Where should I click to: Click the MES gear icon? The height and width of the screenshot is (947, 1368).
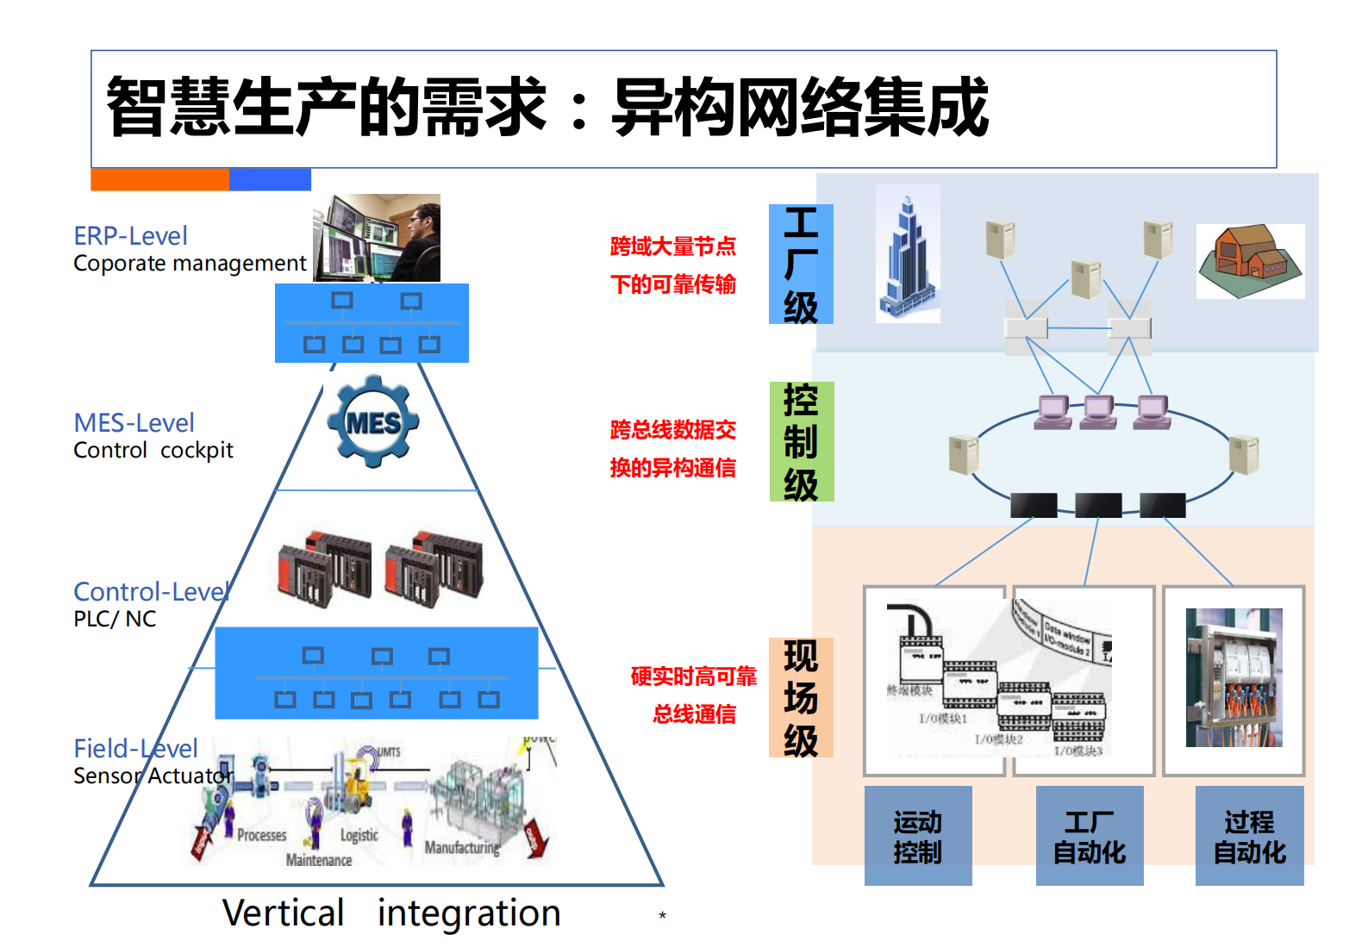tap(373, 421)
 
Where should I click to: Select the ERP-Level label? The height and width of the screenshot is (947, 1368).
tap(130, 235)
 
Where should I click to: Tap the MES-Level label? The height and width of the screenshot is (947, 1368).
tap(134, 422)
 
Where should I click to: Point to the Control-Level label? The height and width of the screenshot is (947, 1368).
tap(151, 591)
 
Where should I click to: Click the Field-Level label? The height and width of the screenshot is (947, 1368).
tap(135, 748)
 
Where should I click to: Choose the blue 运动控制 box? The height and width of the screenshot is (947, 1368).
tap(917, 836)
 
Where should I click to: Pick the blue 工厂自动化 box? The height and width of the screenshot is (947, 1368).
tap(1089, 836)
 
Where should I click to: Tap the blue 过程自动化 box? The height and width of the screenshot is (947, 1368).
tap(1249, 836)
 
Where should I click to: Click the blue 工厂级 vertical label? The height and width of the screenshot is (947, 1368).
tap(801, 265)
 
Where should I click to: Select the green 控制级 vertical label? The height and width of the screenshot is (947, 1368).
tap(801, 441)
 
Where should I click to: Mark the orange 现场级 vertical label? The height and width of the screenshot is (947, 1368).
tap(801, 697)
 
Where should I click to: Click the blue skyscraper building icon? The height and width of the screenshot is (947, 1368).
tap(907, 254)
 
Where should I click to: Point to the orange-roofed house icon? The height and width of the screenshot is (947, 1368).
tap(1250, 261)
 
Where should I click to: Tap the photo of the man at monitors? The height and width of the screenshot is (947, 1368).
tap(377, 238)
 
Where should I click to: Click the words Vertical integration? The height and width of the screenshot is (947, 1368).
tap(391, 913)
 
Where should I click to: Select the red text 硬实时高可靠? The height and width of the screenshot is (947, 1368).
tap(693, 676)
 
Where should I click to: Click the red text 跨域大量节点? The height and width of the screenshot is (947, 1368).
tap(672, 246)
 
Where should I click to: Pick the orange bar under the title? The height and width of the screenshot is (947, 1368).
tap(159, 179)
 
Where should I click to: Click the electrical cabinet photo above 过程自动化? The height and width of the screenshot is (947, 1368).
tap(1234, 677)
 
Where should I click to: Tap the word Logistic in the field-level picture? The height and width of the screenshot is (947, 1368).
tap(359, 835)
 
